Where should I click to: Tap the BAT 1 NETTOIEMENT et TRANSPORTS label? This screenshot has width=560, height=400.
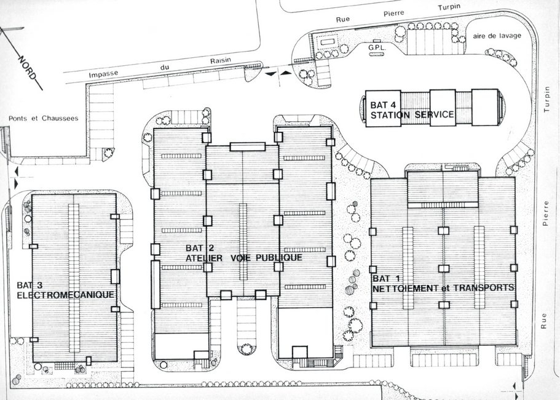click(x=443, y=282)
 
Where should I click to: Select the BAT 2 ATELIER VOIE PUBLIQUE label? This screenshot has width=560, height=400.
click(x=243, y=253)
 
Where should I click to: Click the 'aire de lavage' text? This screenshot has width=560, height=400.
click(x=497, y=36)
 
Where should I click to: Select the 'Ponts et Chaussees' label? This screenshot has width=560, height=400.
click(x=43, y=118)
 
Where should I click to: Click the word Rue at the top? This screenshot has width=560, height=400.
click(x=342, y=18)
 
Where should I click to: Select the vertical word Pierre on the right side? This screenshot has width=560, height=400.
click(x=545, y=214)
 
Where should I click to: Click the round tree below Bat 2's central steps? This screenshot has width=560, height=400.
click(x=246, y=349)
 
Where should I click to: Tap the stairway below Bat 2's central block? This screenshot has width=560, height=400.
click(x=246, y=320)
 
